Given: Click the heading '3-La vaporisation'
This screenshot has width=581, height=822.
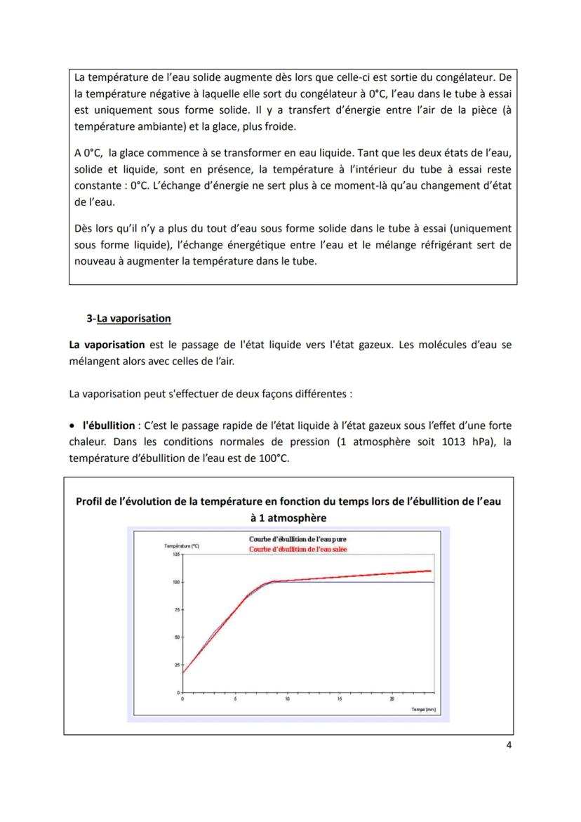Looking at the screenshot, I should (128, 318).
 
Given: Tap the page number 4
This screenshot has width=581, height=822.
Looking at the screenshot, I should (509, 745).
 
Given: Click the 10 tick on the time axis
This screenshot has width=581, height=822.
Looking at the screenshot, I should (287, 699).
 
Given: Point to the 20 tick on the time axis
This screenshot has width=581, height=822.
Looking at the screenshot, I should (392, 699).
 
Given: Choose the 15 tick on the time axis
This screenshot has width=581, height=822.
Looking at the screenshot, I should (339, 699).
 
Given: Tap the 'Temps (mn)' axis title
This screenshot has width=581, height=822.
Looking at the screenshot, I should (423, 710).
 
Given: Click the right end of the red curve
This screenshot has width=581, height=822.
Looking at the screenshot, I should (430, 571).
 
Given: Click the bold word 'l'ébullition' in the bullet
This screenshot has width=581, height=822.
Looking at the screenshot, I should (108, 425).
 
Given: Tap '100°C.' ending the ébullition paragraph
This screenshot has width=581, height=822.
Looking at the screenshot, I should (271, 458).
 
